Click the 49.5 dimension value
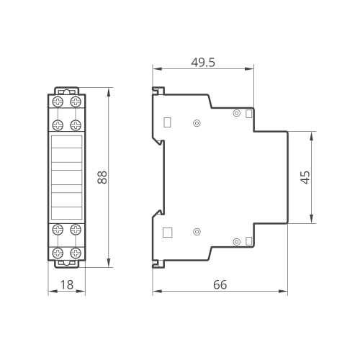click(203, 63)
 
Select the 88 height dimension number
click(102, 177)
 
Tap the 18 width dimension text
click(67, 285)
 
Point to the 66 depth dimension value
click(220, 285)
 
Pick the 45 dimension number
click(305, 177)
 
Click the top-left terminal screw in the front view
click(58, 102)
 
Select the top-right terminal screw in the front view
click(76, 102)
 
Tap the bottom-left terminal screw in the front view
click(58, 253)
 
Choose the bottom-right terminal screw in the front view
click(76, 253)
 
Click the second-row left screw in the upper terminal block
click(58, 125)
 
